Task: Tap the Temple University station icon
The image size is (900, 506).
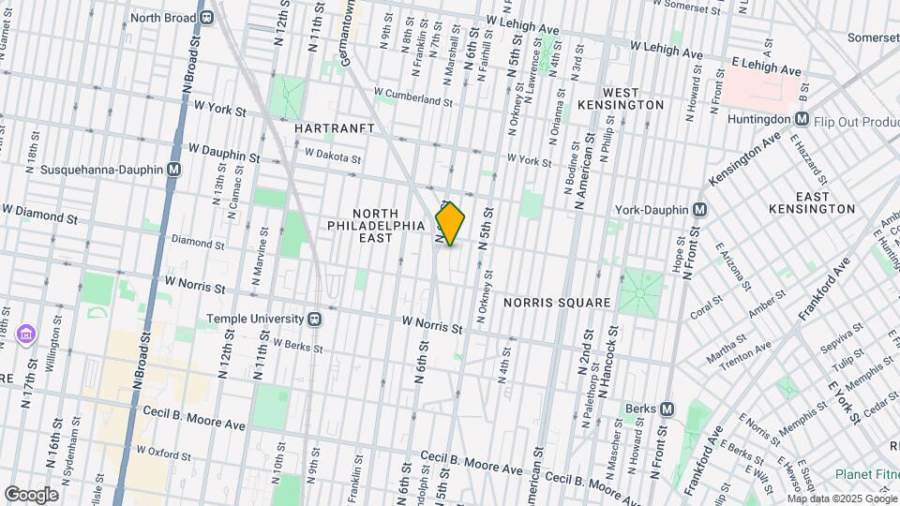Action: click(316, 318)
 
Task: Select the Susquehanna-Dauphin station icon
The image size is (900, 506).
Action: click(173, 170)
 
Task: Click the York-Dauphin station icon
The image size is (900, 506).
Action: click(698, 209)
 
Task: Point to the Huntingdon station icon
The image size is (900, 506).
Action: click(802, 119)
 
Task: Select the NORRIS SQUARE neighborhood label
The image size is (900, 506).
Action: click(557, 303)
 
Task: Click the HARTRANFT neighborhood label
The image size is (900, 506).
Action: click(334, 126)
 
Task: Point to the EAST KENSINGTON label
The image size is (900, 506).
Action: click(811, 202)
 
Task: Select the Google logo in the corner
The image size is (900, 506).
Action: click(31, 494)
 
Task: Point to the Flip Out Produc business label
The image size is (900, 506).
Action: click(856, 120)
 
